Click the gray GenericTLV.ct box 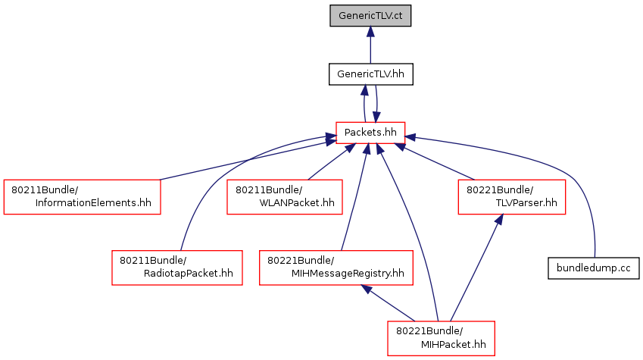pos(370,16)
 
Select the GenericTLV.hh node pos(370,74)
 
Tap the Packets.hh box pos(370,133)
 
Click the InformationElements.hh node pos(82,196)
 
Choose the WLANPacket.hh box pos(285,196)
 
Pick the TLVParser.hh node pos(512,196)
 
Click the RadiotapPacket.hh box pos(177,268)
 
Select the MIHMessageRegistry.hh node pos(336,268)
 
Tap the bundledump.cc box pos(593,268)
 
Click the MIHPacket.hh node pos(441,338)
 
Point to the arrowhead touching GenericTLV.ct pos(370,32)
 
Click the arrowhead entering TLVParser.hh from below pos(499,220)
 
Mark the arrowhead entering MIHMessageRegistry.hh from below pos(367,289)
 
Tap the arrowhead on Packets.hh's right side pos(410,137)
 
